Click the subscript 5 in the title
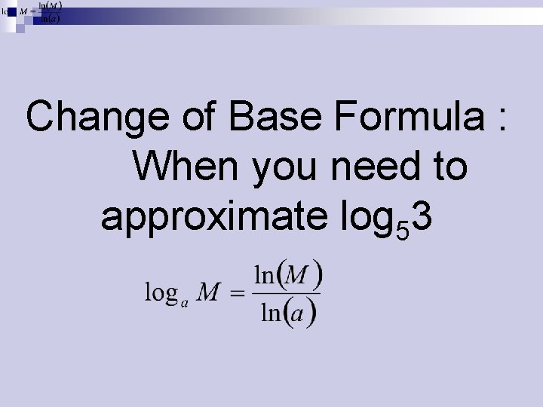(403, 229)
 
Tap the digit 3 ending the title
(423, 216)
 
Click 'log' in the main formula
(160, 292)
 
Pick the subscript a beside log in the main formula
(183, 301)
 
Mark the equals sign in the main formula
(236, 293)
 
